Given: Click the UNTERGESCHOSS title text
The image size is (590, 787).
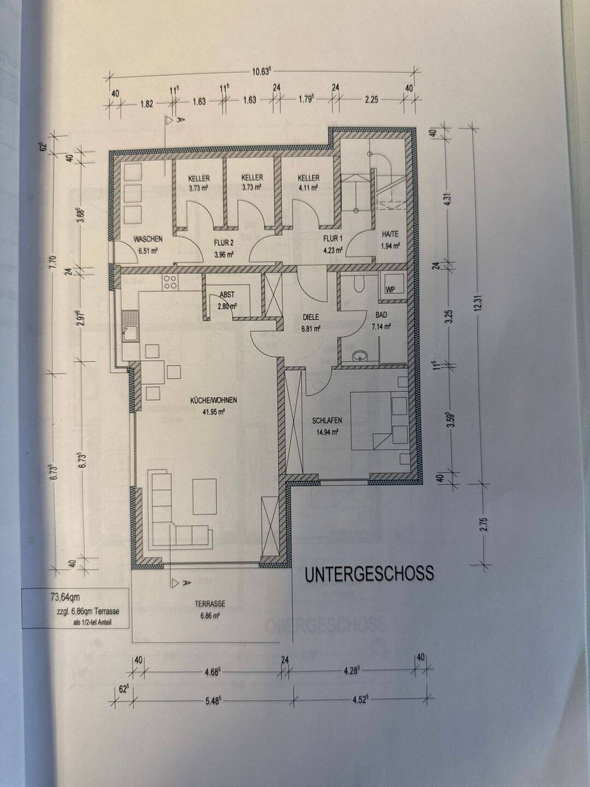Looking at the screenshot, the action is (x=369, y=573).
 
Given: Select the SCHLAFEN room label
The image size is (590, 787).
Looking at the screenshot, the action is (x=327, y=421).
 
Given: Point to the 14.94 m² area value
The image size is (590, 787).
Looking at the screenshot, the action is (x=327, y=432).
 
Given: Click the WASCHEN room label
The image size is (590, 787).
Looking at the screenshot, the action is (x=148, y=239).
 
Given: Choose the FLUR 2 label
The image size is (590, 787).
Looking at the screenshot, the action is (x=224, y=243).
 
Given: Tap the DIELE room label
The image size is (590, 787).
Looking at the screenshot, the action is (x=310, y=317).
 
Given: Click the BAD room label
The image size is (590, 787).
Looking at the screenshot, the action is (x=381, y=315).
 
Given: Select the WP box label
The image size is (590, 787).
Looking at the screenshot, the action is (x=390, y=290).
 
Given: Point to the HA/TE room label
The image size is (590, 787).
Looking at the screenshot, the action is (x=390, y=235).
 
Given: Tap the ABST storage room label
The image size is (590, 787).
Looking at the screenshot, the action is (x=227, y=295).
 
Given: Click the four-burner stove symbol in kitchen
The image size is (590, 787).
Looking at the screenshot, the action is (x=169, y=281).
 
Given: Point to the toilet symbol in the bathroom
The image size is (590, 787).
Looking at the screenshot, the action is (x=358, y=283).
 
